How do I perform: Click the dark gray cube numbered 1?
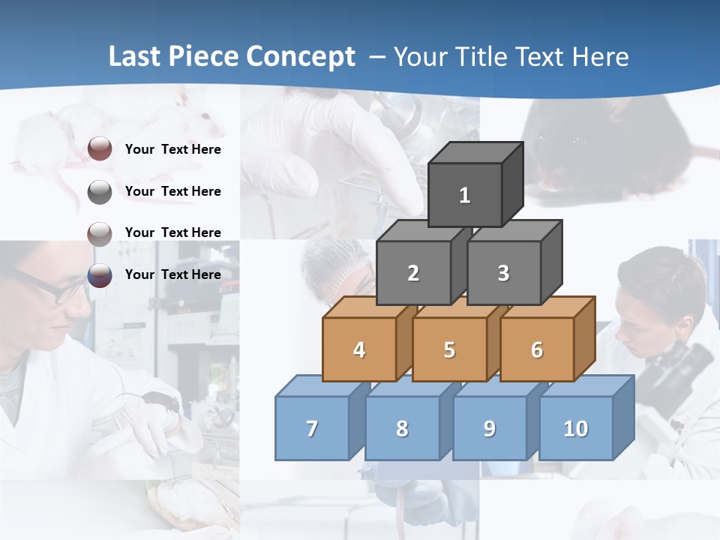click(x=465, y=195)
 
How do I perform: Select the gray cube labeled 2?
click(x=413, y=273)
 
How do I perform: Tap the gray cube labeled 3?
click(x=503, y=273)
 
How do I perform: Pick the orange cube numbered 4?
click(x=359, y=349)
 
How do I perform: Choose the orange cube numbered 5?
click(x=449, y=349)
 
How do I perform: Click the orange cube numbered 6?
click(x=536, y=349)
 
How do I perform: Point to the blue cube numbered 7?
click(x=312, y=428)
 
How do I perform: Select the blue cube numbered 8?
click(x=402, y=428)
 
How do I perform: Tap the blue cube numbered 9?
click(x=489, y=428)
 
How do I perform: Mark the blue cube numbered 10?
click(x=575, y=428)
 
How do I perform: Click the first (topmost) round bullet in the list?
click(x=100, y=149)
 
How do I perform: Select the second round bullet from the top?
click(x=100, y=192)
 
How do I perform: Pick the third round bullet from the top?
click(x=100, y=233)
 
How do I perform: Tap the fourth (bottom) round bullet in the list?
click(x=100, y=275)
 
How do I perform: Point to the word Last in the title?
click(x=136, y=56)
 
